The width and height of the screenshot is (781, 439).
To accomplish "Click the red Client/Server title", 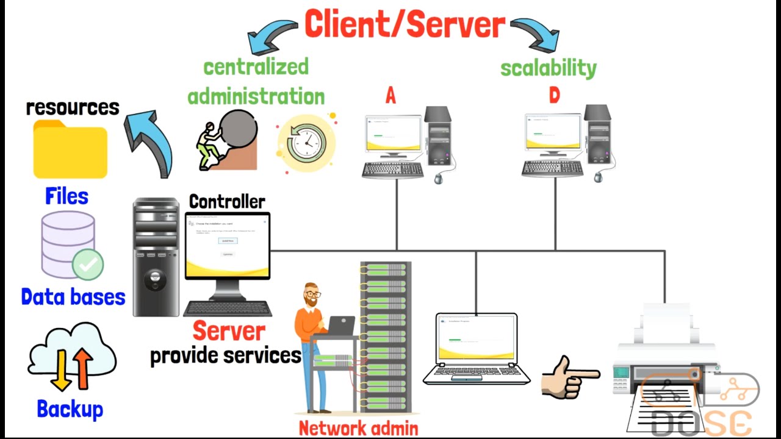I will [x=405, y=24].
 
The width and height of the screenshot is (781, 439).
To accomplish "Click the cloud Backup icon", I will [x=71, y=357].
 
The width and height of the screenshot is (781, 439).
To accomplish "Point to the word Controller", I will [x=227, y=202].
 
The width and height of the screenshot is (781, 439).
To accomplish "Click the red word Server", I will [x=229, y=331].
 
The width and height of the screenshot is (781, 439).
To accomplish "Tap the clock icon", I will [x=306, y=143].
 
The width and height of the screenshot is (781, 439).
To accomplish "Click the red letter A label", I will [x=390, y=96].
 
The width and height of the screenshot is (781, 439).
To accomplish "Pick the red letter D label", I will [x=554, y=96].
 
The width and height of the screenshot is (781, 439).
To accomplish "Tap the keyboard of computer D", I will [x=553, y=168].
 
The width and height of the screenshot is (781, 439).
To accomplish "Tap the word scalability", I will [x=548, y=68].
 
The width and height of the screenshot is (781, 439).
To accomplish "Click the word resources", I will [x=73, y=107].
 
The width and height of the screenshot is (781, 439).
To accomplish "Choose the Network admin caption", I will [x=358, y=428].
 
